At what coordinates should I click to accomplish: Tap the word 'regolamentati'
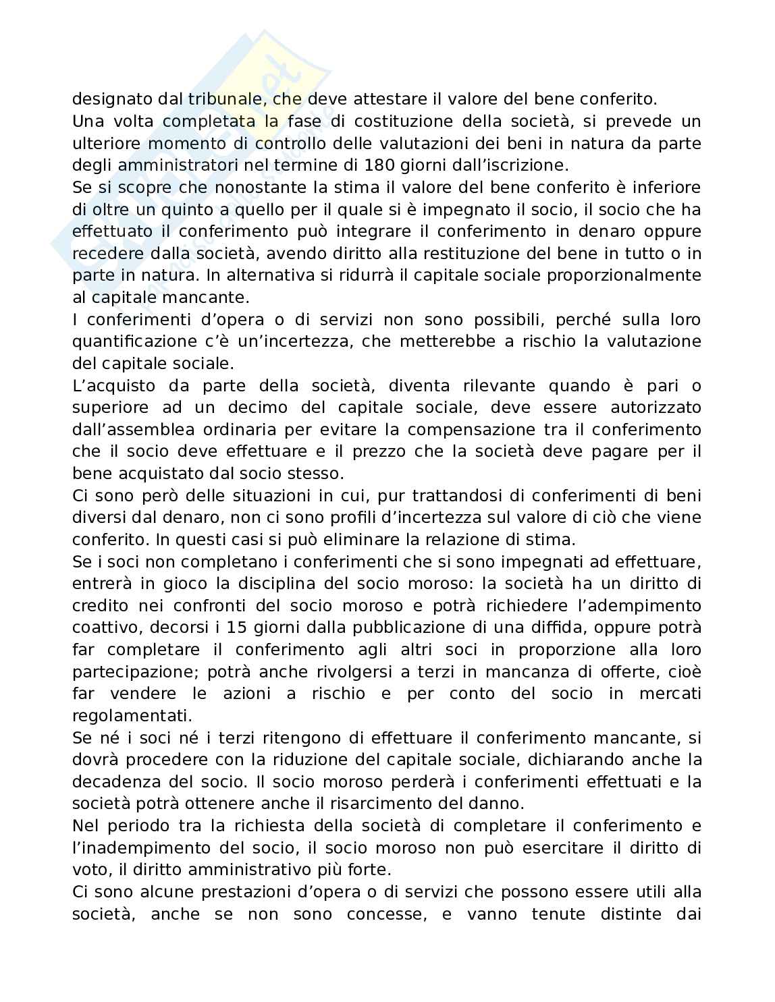[x=131, y=715]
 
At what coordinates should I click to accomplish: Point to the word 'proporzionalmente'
[x=625, y=276]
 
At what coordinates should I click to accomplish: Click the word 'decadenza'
[x=118, y=782]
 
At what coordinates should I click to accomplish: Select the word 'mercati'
[x=670, y=694]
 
